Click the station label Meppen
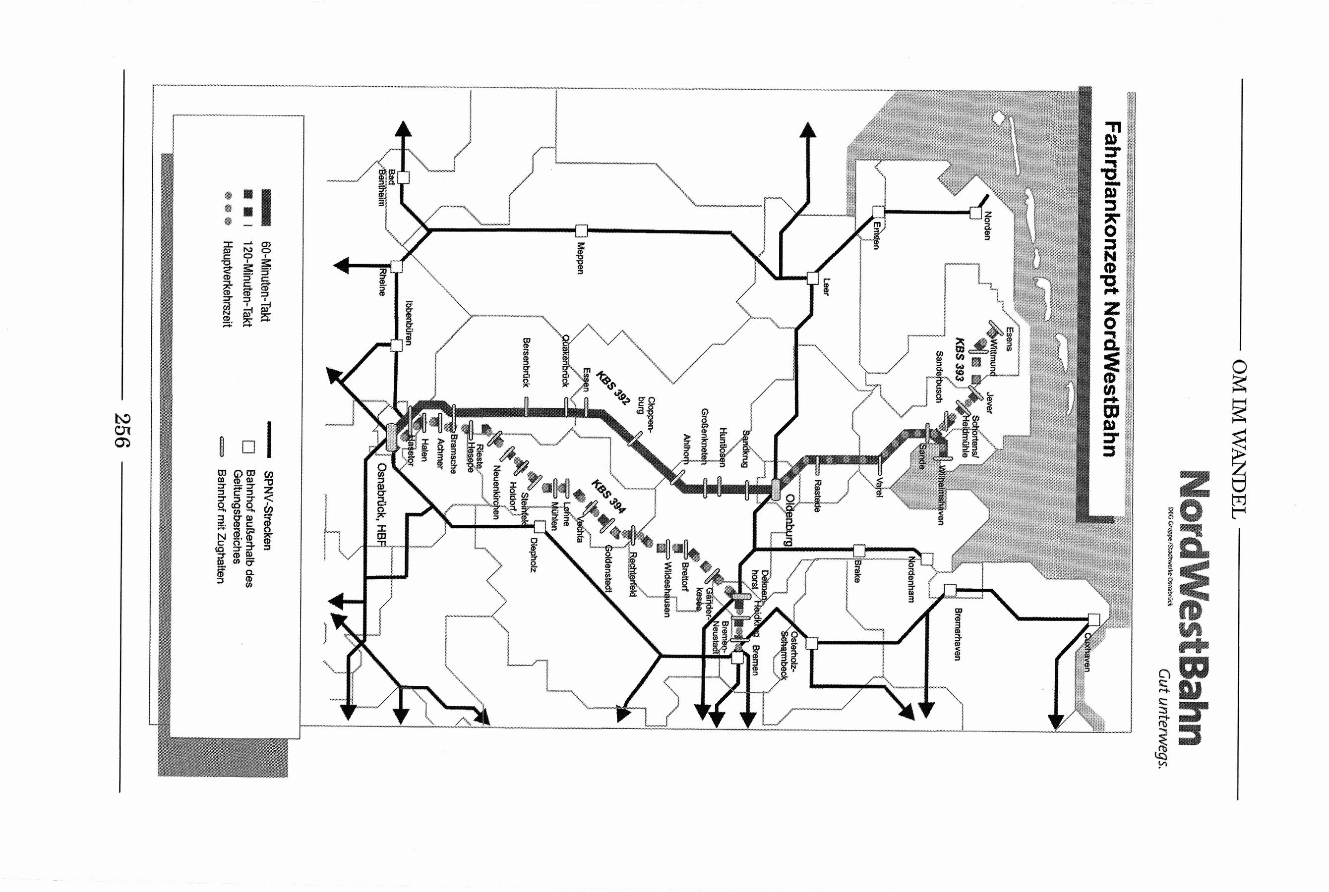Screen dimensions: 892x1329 (x=581, y=258)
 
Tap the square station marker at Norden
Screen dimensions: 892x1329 (x=975, y=213)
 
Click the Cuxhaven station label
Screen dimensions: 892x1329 (x=1087, y=653)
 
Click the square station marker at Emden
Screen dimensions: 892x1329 (x=878, y=212)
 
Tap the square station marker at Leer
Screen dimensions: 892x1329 (x=813, y=278)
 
